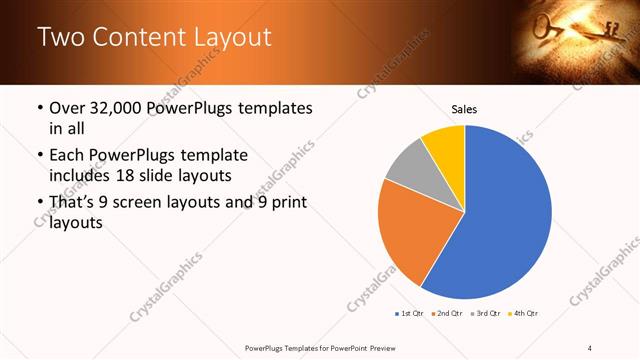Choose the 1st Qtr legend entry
coord(409,314)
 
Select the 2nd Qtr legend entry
coord(446,314)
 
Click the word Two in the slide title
coord(60,38)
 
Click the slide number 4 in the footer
coord(590,348)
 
